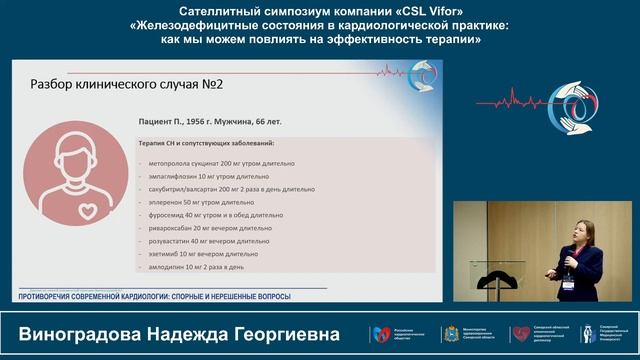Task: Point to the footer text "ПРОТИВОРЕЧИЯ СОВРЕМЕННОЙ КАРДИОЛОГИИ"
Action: (x=117, y=297)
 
